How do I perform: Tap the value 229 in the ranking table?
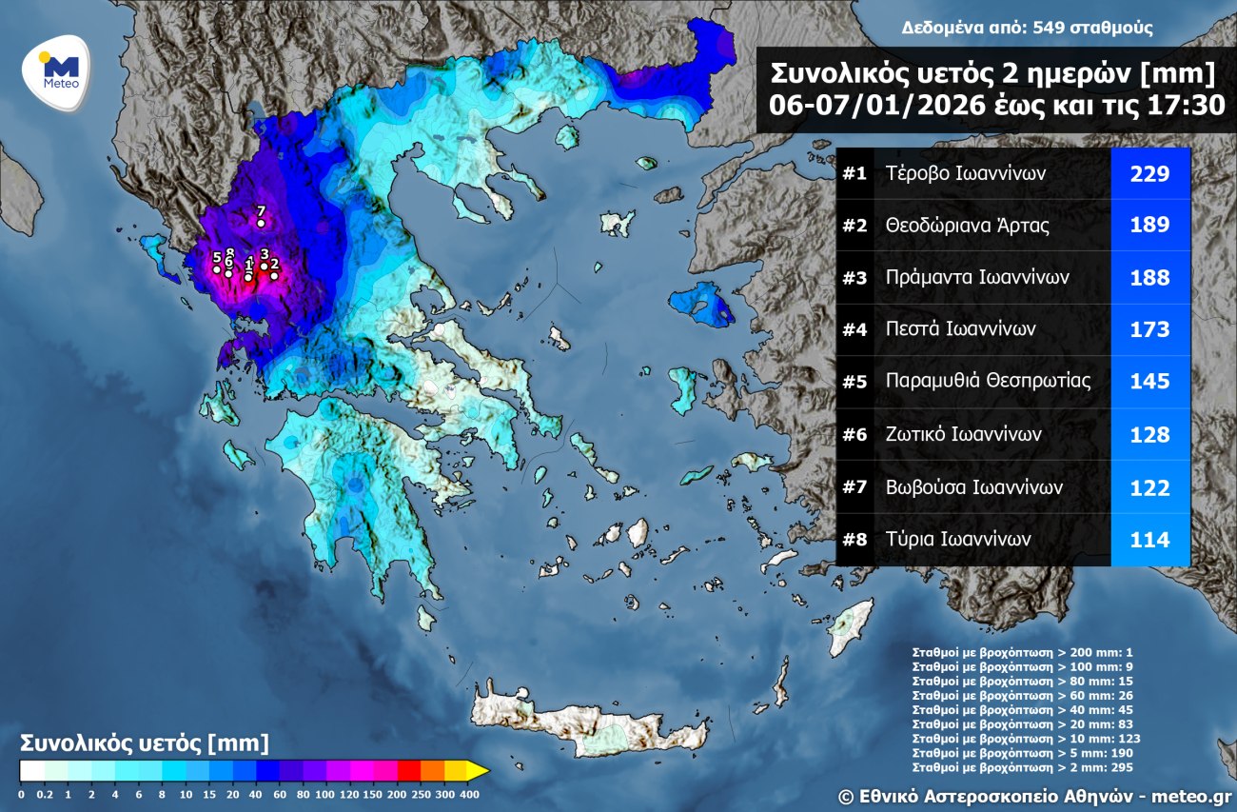tap(1149, 174)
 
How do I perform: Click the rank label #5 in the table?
tap(854, 382)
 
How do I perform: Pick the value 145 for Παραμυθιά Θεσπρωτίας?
tap(1149, 382)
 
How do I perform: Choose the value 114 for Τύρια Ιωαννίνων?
tap(1149, 539)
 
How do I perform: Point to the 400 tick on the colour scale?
tap(469, 794)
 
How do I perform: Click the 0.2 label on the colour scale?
tap(43, 794)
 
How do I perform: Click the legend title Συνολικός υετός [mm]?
tap(145, 743)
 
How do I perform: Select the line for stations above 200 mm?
tap(1022, 653)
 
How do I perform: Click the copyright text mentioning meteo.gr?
tap(1034, 794)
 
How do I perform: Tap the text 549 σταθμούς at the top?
tap(1105, 28)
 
